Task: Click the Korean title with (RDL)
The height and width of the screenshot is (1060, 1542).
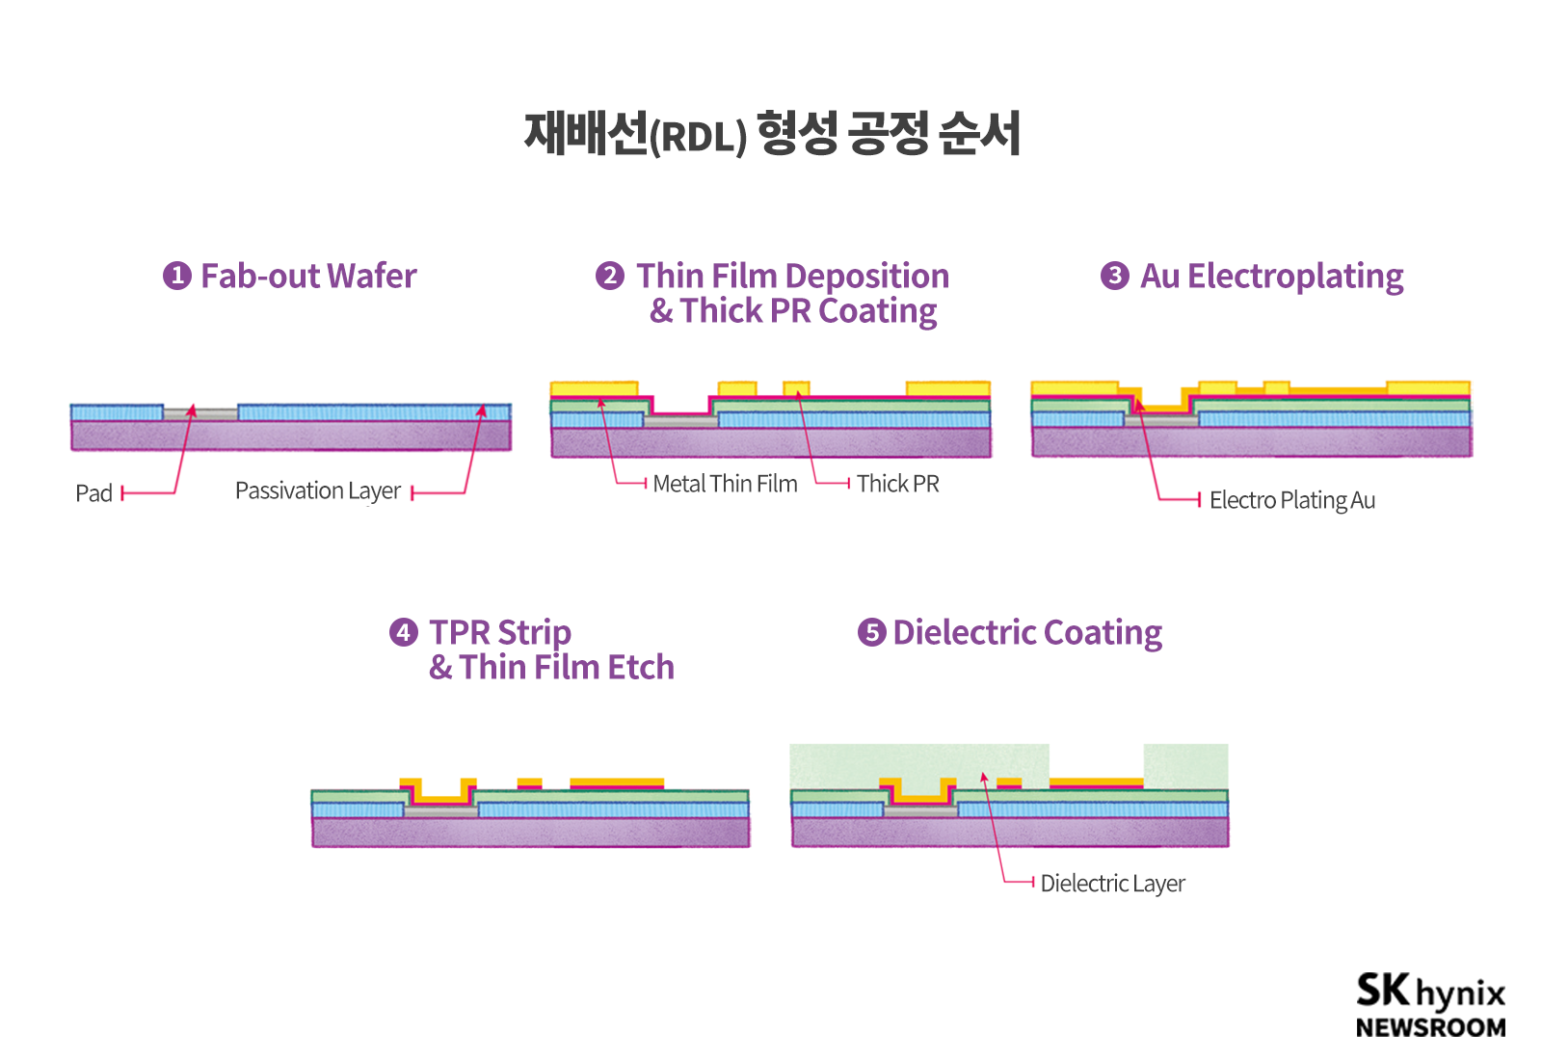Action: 772,134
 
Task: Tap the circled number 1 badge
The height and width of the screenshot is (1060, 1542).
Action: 176,276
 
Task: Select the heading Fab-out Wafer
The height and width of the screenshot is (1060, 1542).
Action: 308,277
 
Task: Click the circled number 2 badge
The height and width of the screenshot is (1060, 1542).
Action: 609,276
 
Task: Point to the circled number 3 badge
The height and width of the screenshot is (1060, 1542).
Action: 1114,276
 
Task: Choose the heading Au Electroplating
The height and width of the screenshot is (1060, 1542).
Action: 1272,277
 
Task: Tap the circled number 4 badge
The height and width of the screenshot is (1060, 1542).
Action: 403,632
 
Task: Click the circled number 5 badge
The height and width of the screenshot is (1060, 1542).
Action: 871,632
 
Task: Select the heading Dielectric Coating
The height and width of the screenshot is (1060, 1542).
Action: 1027,633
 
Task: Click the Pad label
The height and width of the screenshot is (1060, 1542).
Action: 94,493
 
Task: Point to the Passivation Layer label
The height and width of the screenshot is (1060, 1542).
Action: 318,491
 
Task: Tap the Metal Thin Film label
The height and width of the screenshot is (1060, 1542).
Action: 725,484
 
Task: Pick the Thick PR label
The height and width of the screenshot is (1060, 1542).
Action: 897,484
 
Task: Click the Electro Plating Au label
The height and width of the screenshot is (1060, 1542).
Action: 1291,500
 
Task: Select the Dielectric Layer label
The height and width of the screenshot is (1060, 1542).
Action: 1112,884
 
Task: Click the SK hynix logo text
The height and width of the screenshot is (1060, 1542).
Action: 1430,992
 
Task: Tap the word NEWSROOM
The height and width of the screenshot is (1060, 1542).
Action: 1430,1028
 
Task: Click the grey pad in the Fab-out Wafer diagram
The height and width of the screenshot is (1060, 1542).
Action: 200,414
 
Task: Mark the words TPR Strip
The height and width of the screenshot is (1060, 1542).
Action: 500,633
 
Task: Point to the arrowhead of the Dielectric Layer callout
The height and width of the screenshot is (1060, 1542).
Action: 983,777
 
